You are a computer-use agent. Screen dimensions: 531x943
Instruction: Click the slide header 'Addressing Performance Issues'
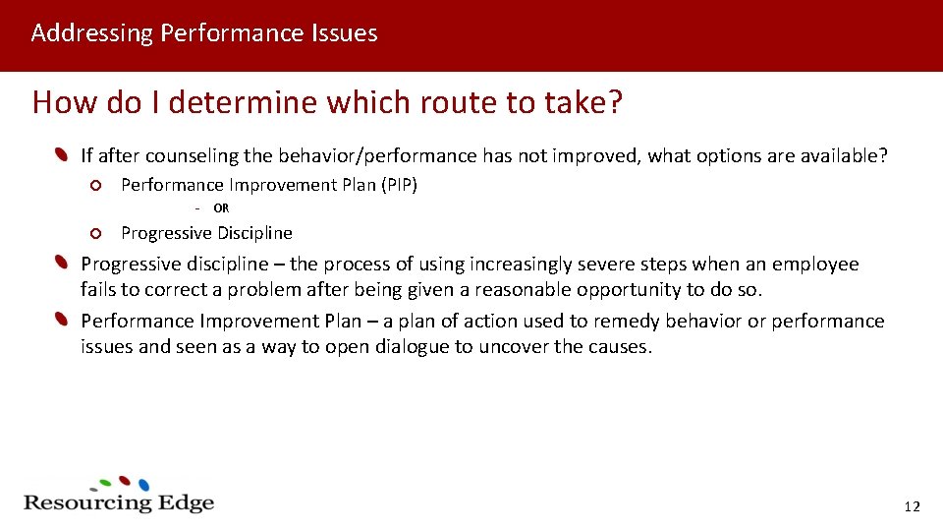click(204, 33)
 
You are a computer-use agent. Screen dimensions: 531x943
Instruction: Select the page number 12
click(912, 506)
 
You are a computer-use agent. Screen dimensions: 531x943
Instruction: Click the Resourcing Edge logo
click(118, 496)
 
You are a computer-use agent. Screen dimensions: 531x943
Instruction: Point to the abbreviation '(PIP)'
click(399, 185)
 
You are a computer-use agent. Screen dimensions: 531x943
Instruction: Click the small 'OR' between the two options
click(221, 208)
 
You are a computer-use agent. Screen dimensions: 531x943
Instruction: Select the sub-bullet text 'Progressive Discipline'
click(206, 233)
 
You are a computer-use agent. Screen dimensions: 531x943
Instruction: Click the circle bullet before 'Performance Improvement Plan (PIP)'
click(94, 185)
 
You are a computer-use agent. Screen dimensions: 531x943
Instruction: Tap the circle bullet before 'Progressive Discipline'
click(94, 233)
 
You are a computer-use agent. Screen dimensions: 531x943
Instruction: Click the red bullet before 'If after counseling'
click(62, 155)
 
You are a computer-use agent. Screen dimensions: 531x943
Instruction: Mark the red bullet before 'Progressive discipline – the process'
click(62, 264)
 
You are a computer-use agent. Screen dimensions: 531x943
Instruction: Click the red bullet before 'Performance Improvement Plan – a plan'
click(62, 321)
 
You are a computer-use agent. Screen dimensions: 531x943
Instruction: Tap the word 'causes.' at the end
click(617, 347)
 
